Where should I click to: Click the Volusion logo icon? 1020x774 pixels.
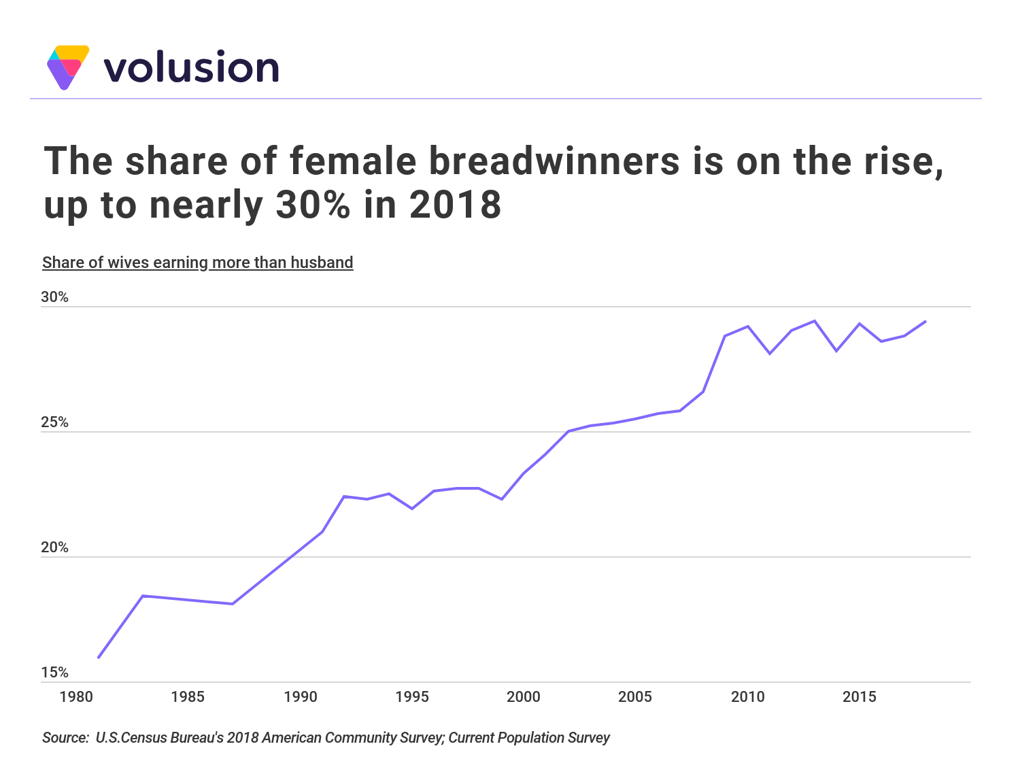[x=67, y=67]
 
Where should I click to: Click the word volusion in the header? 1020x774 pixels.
[x=191, y=68]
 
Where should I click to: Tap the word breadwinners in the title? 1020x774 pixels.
[x=554, y=161]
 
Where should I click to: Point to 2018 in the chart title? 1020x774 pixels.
[x=456, y=205]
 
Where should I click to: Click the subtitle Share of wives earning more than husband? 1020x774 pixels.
[x=198, y=263]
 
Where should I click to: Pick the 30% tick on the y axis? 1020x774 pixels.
[x=55, y=297]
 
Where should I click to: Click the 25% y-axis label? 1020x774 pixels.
[x=55, y=422]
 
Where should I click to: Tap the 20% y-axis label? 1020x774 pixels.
[x=55, y=548]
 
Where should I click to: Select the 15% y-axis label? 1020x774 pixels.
[x=55, y=673]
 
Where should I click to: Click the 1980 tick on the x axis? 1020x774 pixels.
[x=76, y=697]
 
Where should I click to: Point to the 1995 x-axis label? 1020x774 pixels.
[x=412, y=697]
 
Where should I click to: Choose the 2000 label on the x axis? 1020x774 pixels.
[x=524, y=697]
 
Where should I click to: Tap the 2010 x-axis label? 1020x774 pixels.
[x=747, y=697]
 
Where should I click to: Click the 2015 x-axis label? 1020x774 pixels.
[x=860, y=697]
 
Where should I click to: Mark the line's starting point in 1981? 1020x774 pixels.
[x=99, y=658]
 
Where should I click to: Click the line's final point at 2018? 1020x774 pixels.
[x=925, y=321]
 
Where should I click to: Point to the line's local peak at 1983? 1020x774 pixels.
[x=143, y=596]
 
